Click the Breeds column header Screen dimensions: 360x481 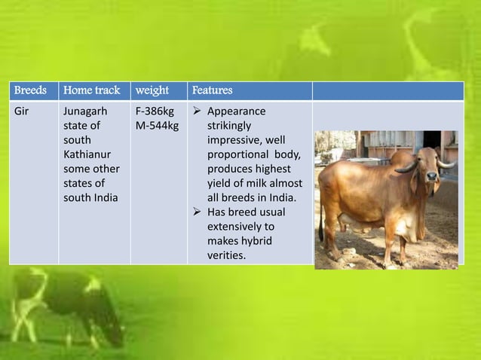[30, 91]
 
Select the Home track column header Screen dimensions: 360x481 [92, 91]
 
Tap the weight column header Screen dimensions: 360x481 [152, 91]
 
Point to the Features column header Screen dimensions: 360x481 [213, 91]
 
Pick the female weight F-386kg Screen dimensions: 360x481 [155, 112]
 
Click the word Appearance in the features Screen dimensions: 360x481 [236, 112]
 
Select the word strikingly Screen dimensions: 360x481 [230, 126]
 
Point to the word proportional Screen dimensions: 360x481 [239, 154]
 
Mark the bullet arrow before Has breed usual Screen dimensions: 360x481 [198, 212]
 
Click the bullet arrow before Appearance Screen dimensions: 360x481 [198, 112]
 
